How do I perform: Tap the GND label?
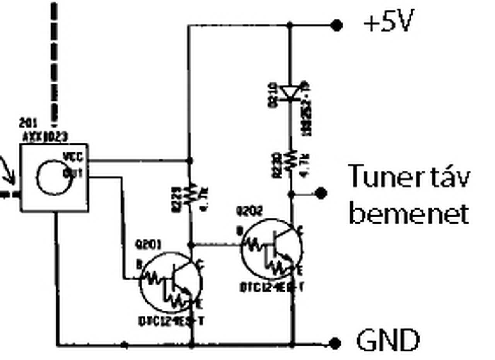click(388, 340)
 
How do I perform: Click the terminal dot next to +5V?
click(337, 26)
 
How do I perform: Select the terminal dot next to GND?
click(335, 343)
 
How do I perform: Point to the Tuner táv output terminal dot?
click(321, 193)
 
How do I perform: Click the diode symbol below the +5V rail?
click(290, 93)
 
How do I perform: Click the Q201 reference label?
click(148, 244)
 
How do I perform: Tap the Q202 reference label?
click(249, 211)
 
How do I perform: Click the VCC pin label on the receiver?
click(73, 157)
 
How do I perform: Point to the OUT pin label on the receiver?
click(73, 174)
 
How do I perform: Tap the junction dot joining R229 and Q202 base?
click(190, 245)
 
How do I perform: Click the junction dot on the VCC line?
click(189, 160)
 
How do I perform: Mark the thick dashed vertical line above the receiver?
click(54, 64)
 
